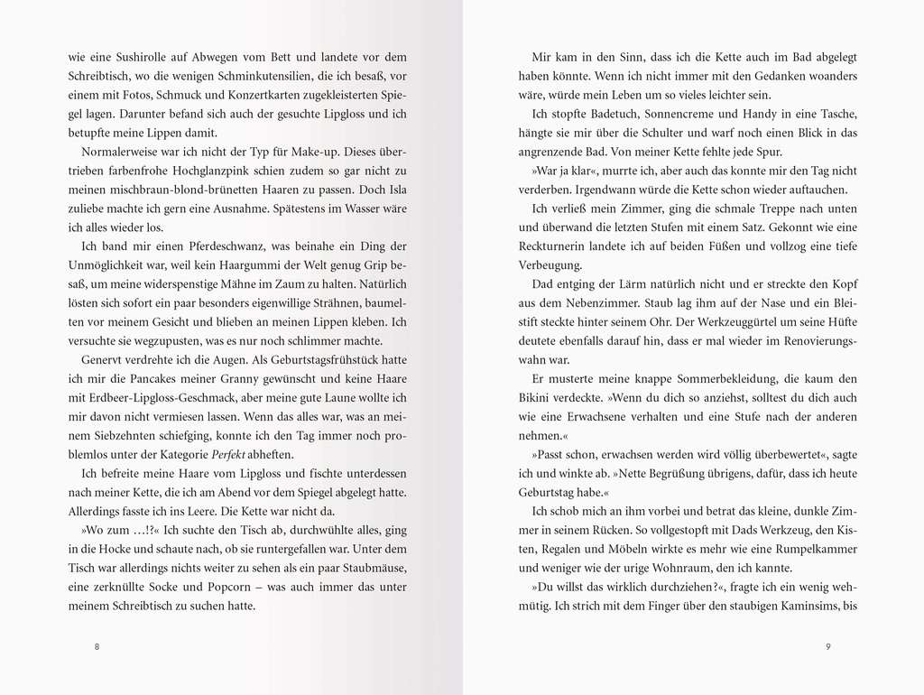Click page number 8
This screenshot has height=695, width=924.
pyautogui.click(x=97, y=647)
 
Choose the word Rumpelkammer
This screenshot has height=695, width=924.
pyautogui.click(x=809, y=549)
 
